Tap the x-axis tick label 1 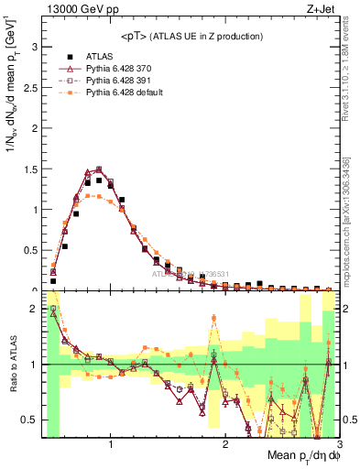tap(111, 444)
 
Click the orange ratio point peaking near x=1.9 tap(213, 318)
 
